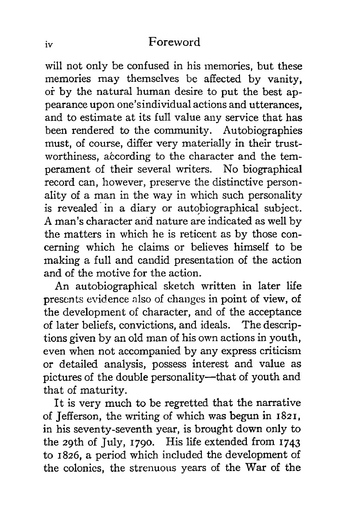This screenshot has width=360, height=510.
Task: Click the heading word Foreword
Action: (173, 42)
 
